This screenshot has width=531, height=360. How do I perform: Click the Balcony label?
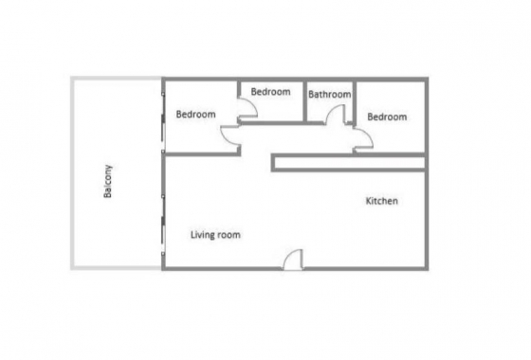click(110, 182)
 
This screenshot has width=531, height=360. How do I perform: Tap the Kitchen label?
click(381, 202)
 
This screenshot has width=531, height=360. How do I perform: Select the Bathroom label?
click(330, 95)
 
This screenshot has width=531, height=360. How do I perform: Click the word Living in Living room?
click(204, 234)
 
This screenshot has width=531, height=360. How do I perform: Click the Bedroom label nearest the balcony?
click(196, 115)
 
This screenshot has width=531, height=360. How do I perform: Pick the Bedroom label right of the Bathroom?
click(387, 117)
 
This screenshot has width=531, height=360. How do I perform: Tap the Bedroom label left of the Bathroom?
click(270, 92)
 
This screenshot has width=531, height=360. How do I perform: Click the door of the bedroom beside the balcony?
click(230, 138)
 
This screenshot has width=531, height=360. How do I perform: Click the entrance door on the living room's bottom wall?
click(293, 260)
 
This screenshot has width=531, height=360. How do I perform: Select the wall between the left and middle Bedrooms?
click(237, 96)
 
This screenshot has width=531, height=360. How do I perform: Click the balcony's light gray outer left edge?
click(71, 173)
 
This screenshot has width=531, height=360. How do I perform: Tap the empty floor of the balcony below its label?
click(114, 237)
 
